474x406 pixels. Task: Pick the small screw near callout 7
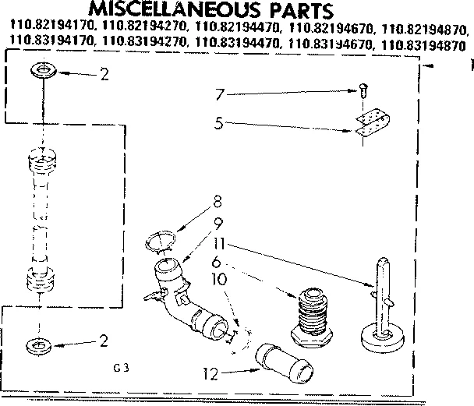pyautogui.click(x=364, y=89)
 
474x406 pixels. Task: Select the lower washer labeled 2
pyautogui.click(x=37, y=343)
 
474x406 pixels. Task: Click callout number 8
pyautogui.click(x=216, y=208)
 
